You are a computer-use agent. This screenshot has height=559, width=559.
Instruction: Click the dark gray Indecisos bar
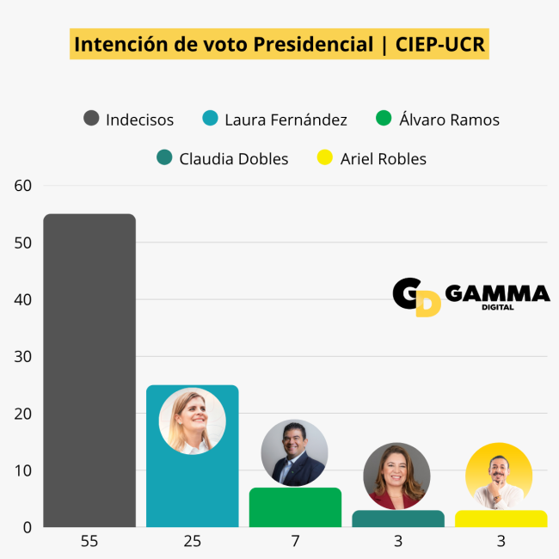pos(89,370)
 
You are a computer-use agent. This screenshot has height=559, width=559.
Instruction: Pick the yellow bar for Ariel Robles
pos(501,519)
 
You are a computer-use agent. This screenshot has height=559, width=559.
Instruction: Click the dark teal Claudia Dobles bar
pos(398,519)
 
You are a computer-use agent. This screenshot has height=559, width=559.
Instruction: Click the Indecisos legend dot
pos(91,120)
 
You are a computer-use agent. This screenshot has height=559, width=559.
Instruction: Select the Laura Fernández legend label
pos(286,120)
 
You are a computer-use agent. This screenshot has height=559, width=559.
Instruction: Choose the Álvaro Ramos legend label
pos(449,120)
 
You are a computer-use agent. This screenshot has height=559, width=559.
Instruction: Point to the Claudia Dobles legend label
pos(234,158)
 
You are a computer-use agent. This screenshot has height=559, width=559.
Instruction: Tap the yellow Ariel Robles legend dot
pos(324,158)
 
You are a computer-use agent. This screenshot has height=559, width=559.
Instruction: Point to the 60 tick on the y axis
pos(22,186)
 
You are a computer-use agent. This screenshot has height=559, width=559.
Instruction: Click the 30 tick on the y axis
pos(22,356)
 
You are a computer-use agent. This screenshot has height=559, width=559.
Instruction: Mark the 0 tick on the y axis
pos(27,526)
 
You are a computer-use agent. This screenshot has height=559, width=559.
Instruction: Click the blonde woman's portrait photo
pos(192,421)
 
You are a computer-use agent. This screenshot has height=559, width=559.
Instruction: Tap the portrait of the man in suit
pos(294,453)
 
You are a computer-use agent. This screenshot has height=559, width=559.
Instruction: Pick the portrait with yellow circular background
pos(499,476)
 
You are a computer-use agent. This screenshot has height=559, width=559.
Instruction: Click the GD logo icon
pos(417,297)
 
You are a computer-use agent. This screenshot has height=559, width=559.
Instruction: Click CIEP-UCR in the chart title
pos(440,44)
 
